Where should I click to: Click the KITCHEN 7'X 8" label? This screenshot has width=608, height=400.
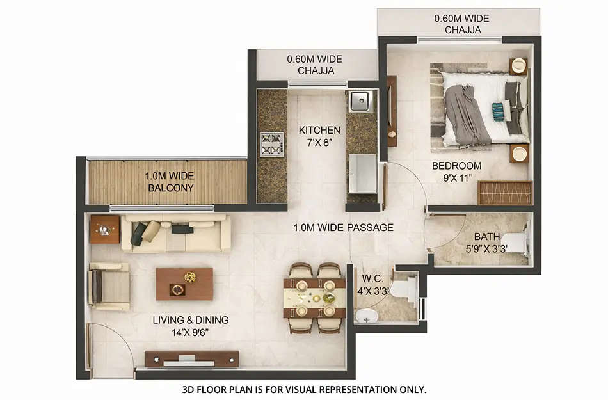(x=319, y=136)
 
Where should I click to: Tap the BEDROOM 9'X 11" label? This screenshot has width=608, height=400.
(x=456, y=172)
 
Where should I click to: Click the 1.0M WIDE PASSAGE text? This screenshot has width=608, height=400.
(x=343, y=227)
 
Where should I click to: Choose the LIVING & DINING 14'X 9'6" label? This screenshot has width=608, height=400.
(x=190, y=326)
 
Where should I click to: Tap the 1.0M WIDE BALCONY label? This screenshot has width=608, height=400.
(x=169, y=182)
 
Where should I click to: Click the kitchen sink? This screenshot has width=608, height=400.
(x=361, y=101)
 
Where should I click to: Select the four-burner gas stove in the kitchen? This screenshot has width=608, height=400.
(x=271, y=144)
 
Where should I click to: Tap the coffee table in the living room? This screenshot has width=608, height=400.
(x=184, y=284)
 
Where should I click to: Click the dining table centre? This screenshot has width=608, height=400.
(x=315, y=298)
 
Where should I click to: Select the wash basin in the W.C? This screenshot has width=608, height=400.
(x=367, y=315)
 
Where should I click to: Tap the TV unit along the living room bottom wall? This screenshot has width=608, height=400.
(x=191, y=359)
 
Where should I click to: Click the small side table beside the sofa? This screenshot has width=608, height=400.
(x=104, y=229)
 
